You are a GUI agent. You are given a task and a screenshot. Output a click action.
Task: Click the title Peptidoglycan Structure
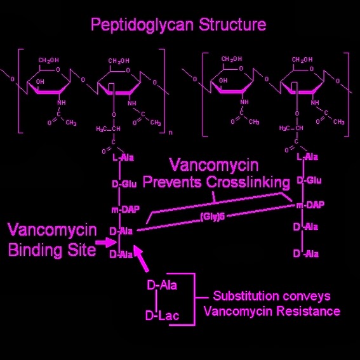point(178,25)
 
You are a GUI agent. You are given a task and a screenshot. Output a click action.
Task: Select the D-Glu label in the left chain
point(124,184)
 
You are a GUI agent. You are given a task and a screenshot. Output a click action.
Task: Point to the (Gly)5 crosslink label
point(212,218)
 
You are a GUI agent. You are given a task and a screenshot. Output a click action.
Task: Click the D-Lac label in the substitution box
point(162,316)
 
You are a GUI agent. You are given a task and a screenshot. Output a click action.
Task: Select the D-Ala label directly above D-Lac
point(162,285)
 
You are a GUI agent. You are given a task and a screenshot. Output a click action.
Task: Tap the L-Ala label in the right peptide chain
point(307,156)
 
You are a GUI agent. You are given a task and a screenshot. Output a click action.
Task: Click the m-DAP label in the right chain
point(310,205)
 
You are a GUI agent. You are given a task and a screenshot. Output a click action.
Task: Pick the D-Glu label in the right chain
point(309,180)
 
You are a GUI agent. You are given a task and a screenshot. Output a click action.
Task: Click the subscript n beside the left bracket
point(170,133)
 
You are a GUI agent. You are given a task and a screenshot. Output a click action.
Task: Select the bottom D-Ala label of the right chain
point(305,254)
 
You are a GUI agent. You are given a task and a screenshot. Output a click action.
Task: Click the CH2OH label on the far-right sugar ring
point(302,60)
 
